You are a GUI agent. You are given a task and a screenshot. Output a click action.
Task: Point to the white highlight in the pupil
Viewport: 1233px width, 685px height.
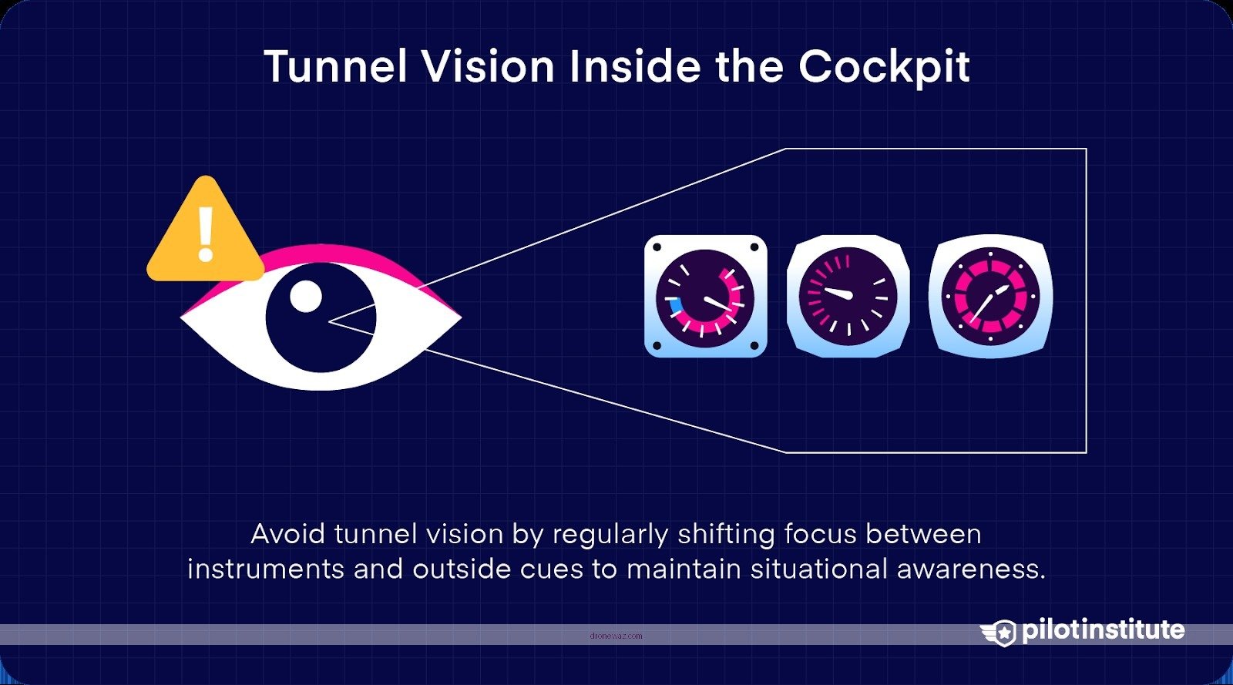306,297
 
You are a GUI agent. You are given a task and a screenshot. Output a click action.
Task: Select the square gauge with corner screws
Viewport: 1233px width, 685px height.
705,297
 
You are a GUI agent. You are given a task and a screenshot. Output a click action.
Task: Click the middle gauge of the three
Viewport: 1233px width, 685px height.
848,297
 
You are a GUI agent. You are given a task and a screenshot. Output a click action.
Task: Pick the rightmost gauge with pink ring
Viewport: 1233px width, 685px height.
990,297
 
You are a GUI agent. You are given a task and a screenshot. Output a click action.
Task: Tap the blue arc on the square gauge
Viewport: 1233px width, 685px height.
675,308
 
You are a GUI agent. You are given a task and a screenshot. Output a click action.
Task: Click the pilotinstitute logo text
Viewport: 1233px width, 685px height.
1103,630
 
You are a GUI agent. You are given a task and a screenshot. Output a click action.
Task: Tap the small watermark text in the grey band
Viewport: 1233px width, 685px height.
615,636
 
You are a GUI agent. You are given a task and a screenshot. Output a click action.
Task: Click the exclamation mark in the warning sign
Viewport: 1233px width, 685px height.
205,233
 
